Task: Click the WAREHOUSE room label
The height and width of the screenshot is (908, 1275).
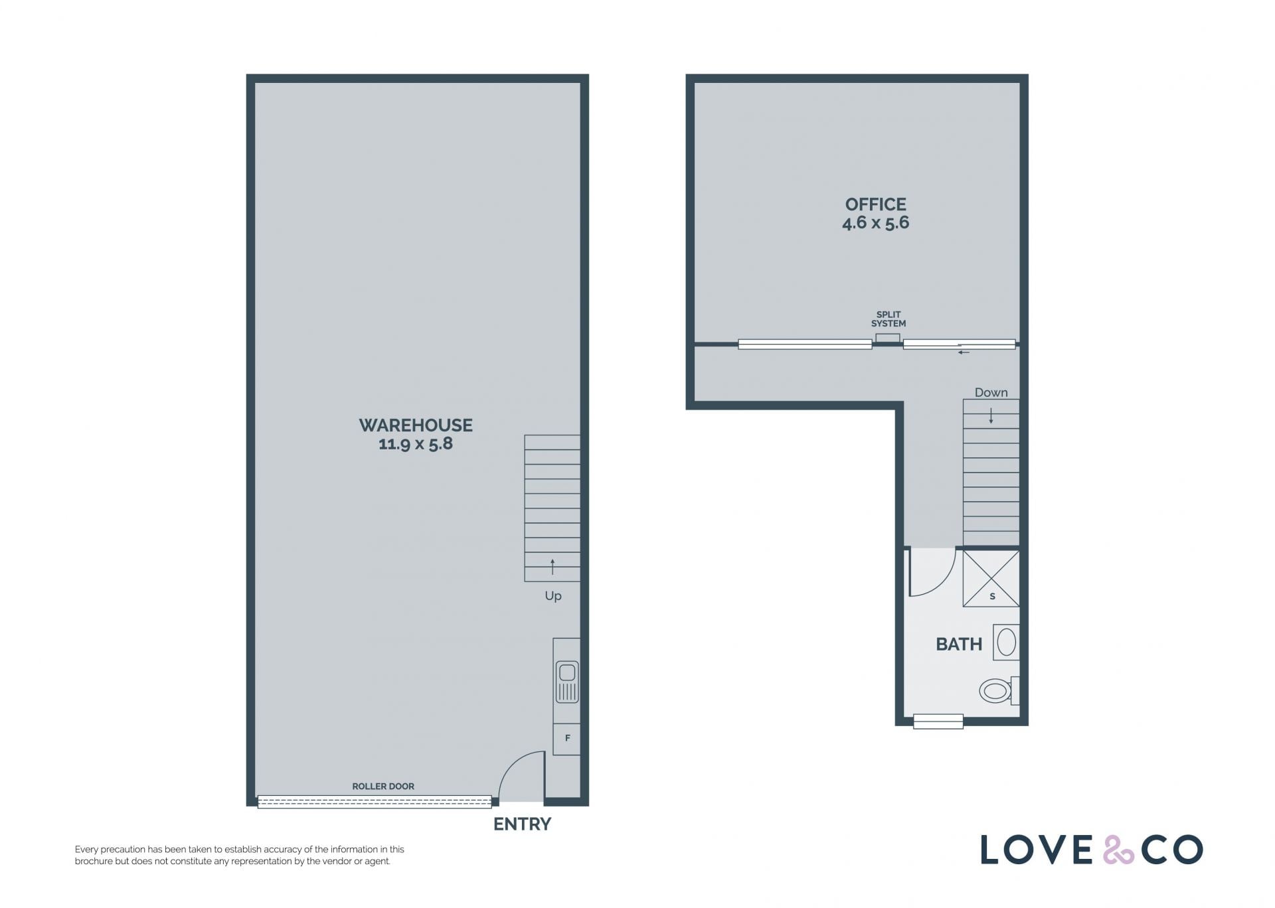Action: (x=416, y=425)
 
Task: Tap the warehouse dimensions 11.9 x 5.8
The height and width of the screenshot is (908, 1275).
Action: (x=416, y=444)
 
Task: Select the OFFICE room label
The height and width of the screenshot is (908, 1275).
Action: (x=875, y=204)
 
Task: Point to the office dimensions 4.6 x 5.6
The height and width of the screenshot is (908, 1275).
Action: (x=875, y=223)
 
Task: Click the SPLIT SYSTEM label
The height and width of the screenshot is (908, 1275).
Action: (x=889, y=319)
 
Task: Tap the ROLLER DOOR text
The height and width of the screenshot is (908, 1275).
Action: (x=383, y=787)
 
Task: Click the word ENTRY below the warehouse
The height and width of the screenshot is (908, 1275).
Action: (x=522, y=824)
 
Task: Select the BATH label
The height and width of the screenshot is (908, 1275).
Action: (x=958, y=644)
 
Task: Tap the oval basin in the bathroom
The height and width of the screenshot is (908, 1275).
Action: (x=1006, y=643)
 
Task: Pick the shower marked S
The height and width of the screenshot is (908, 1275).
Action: (x=991, y=578)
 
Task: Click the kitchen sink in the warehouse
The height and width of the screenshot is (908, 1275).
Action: (x=567, y=682)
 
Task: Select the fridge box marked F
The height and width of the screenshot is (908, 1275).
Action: (x=567, y=738)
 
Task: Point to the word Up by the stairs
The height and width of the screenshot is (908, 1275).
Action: (x=553, y=596)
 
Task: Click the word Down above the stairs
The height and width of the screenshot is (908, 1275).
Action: (x=991, y=392)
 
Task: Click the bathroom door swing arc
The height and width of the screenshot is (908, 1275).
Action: (x=943, y=582)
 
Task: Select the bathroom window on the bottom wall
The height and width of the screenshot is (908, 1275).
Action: (x=938, y=721)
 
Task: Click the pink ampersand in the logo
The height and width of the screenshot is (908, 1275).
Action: (x=1118, y=850)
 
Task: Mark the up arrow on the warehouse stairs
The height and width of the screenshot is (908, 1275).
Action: (x=552, y=567)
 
